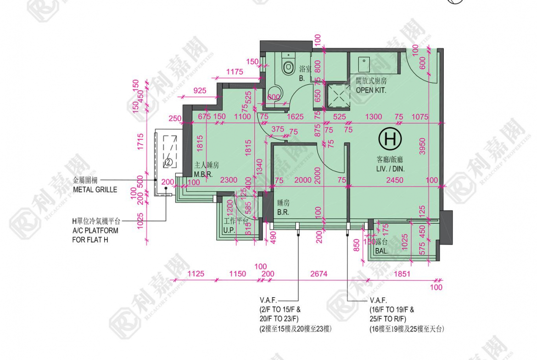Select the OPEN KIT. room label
pyautogui.click(x=371, y=90)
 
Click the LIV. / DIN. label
pyautogui.click(x=391, y=169)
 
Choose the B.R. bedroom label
pyautogui.click(x=283, y=212)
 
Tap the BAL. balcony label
pyautogui.click(x=381, y=251)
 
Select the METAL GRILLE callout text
pyautogui.click(x=95, y=189)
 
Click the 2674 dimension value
pyautogui.click(x=319, y=274)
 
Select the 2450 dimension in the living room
pyautogui.click(x=394, y=180)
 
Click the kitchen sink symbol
pyautogui.click(x=364, y=60)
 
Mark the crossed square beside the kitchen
pyautogui.click(x=337, y=97)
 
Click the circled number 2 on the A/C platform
pyautogui.click(x=168, y=162)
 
